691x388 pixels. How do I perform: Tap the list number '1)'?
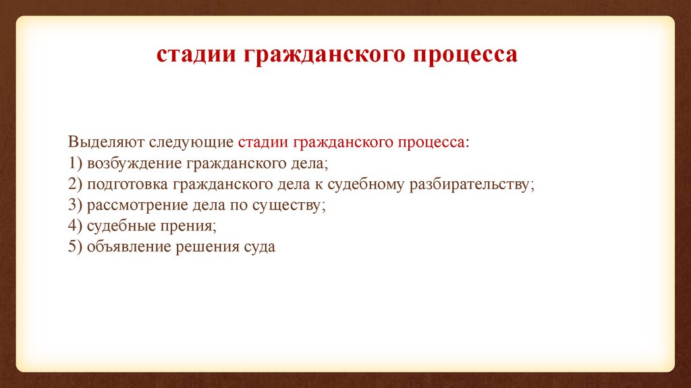(75, 164)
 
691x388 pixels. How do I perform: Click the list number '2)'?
(75, 185)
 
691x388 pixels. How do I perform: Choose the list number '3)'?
(75, 205)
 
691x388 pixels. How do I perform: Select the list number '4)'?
(75, 226)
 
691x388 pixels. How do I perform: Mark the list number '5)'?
(75, 247)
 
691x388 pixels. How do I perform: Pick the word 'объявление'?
(130, 247)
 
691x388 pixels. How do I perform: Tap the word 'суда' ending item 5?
(256, 247)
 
